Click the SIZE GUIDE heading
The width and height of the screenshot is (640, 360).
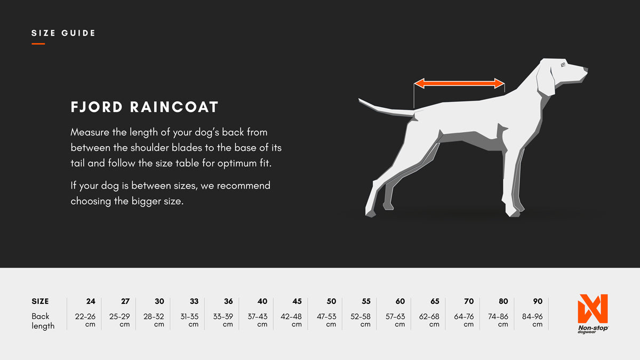click(x=63, y=33)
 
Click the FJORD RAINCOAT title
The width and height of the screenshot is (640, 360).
click(x=145, y=107)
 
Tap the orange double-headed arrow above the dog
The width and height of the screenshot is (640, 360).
click(x=459, y=83)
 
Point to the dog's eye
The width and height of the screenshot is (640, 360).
click(x=563, y=65)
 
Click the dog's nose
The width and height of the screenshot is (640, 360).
click(x=585, y=69)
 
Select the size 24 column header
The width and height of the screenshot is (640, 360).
click(x=91, y=301)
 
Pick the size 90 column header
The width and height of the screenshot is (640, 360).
click(x=538, y=301)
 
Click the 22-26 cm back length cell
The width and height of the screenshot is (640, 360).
click(x=85, y=319)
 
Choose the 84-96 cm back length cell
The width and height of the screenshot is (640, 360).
click(x=533, y=319)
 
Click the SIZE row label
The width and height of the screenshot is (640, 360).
click(x=40, y=301)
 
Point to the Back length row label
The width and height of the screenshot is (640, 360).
click(x=43, y=321)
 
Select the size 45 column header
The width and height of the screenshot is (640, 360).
click(x=297, y=301)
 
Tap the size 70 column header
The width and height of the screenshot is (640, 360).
click(x=469, y=301)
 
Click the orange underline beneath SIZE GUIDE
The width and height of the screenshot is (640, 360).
click(x=38, y=44)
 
